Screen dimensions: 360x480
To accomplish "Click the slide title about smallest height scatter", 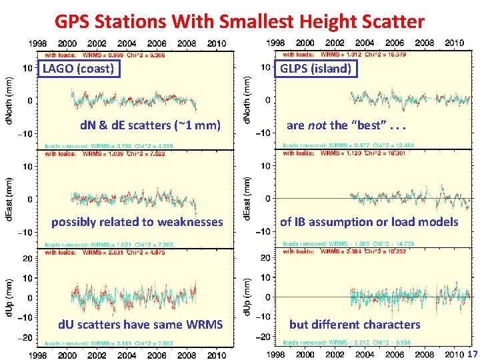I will click(239, 21).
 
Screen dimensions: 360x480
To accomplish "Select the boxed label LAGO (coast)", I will click(78, 69).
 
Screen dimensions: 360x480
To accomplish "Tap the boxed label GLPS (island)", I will click(315, 69).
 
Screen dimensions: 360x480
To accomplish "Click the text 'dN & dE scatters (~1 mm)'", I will click(150, 125).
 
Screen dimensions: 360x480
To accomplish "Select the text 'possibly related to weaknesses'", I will click(137, 222).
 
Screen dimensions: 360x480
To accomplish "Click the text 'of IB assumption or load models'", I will click(369, 222).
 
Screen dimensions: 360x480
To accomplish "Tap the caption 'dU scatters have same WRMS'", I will click(141, 325).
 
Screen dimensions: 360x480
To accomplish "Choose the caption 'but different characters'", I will click(355, 325).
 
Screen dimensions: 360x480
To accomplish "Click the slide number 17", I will click(473, 354).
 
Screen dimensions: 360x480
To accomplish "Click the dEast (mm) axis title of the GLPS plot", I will click(247, 198).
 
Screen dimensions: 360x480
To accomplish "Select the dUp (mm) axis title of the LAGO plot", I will click(11, 297).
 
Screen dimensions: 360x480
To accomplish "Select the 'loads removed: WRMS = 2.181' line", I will click(110, 343).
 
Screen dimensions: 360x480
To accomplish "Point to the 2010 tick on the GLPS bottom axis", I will click(454, 354).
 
